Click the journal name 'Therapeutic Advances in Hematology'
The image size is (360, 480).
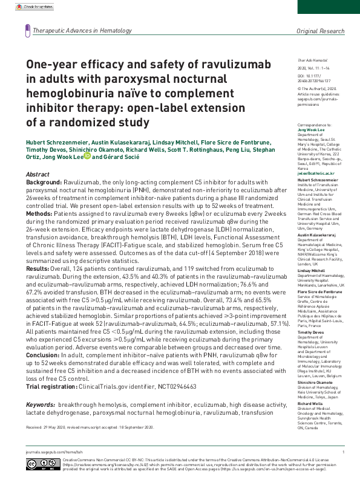point(82,30)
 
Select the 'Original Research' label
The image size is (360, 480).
point(319,30)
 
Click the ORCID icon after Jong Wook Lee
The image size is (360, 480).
point(87,156)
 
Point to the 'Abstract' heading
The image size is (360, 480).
point(38,174)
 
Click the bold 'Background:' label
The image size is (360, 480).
point(44,181)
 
